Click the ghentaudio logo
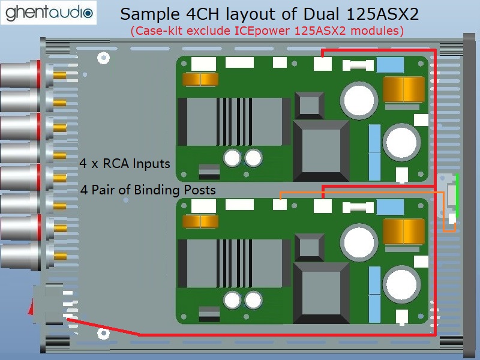(49, 13)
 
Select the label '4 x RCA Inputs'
(125, 163)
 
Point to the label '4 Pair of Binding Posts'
(148, 190)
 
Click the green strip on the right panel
(457, 194)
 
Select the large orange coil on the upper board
(404, 89)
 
